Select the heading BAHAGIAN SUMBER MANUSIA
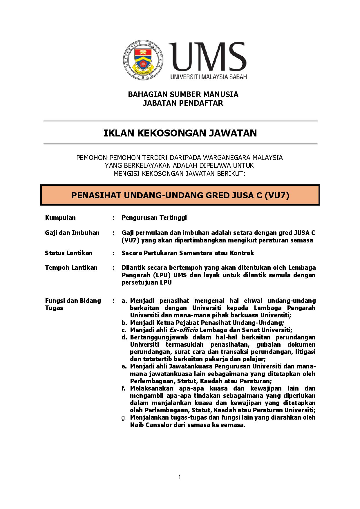pos(183,94)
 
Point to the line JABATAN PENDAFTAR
pos(183,103)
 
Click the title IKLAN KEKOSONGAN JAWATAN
pos(180,133)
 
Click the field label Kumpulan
pos(60,217)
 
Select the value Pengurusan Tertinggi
pos(154,217)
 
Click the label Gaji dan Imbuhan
pos(72,233)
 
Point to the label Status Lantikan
pos(69,253)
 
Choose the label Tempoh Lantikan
pos(71,267)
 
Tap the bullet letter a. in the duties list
pos(124,301)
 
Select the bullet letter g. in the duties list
pos(124,418)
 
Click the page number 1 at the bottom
pos(180,477)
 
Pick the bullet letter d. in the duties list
pos(124,337)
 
